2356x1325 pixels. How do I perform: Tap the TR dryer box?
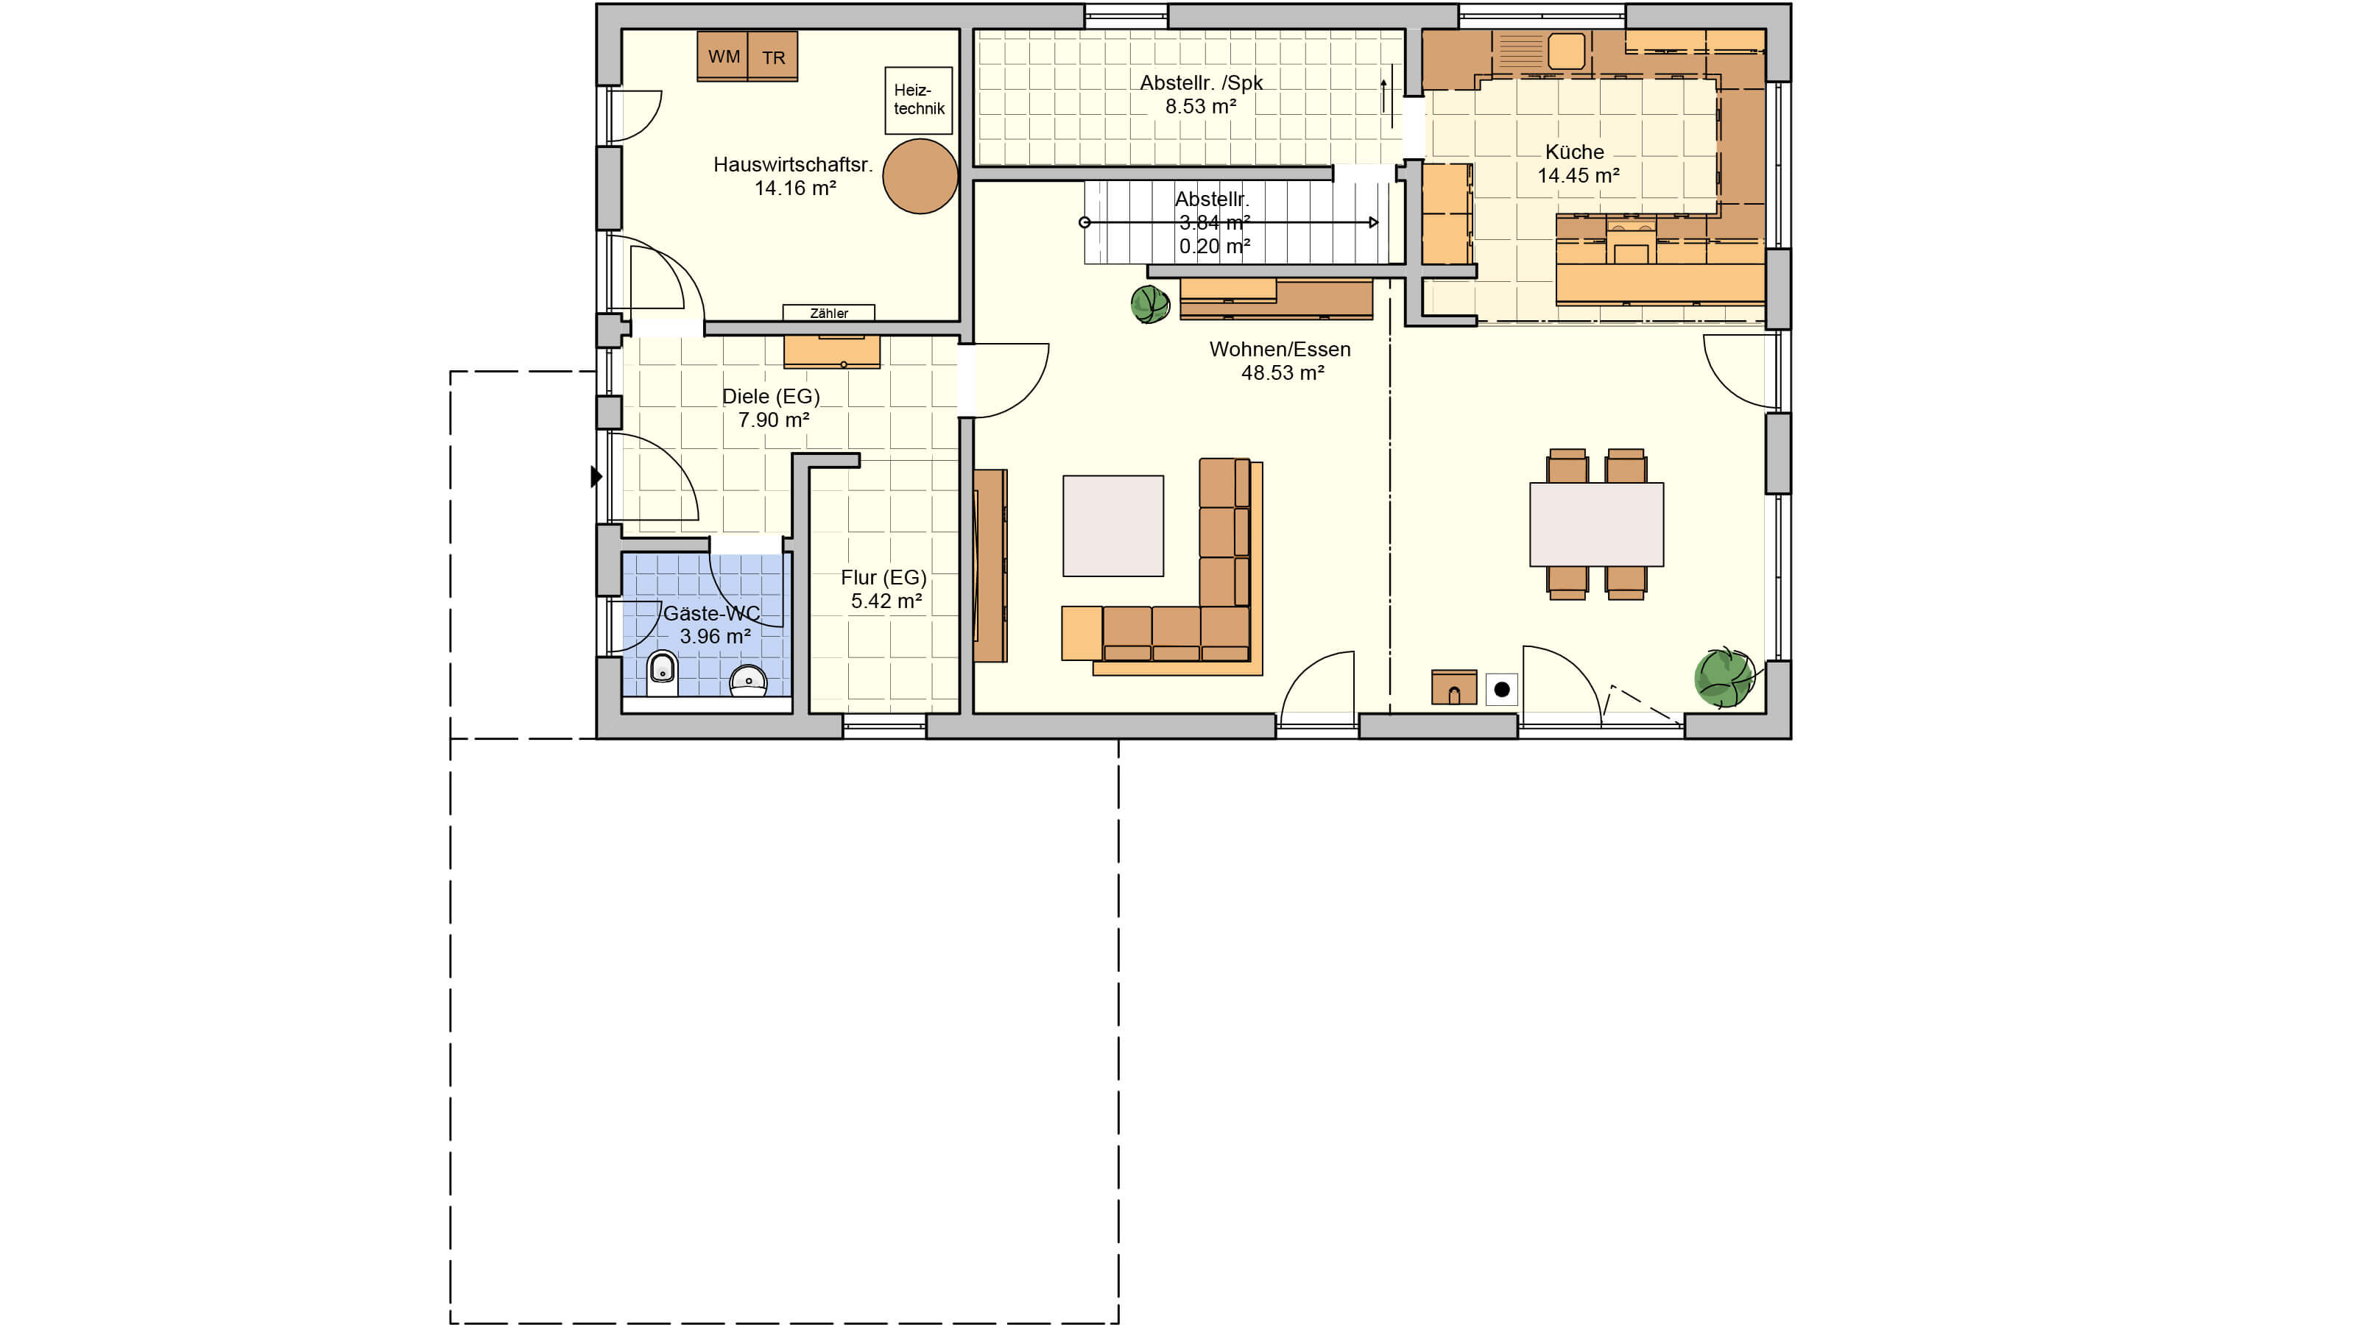(773, 57)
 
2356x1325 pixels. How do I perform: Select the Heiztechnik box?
(918, 99)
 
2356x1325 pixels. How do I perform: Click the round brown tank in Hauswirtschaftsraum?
(920, 177)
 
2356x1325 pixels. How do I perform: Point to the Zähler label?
(828, 314)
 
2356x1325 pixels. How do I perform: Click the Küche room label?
(1574, 152)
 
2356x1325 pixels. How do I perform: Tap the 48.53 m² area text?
(1283, 373)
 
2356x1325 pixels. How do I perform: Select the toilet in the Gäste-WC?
(662, 673)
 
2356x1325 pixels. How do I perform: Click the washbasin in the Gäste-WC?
(748, 680)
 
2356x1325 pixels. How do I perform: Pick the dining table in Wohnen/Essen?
(1596, 525)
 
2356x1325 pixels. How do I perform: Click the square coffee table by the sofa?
(1113, 526)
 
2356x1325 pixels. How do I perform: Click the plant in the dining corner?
(1724, 677)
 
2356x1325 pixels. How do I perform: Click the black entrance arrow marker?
(596, 476)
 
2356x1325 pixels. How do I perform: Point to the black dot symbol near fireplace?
(1502, 690)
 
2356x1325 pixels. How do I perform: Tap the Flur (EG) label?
(883, 578)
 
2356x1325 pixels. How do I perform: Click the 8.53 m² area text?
(1201, 107)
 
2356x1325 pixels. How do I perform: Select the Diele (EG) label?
(771, 397)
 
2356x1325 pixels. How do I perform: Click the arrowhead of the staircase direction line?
(1373, 222)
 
